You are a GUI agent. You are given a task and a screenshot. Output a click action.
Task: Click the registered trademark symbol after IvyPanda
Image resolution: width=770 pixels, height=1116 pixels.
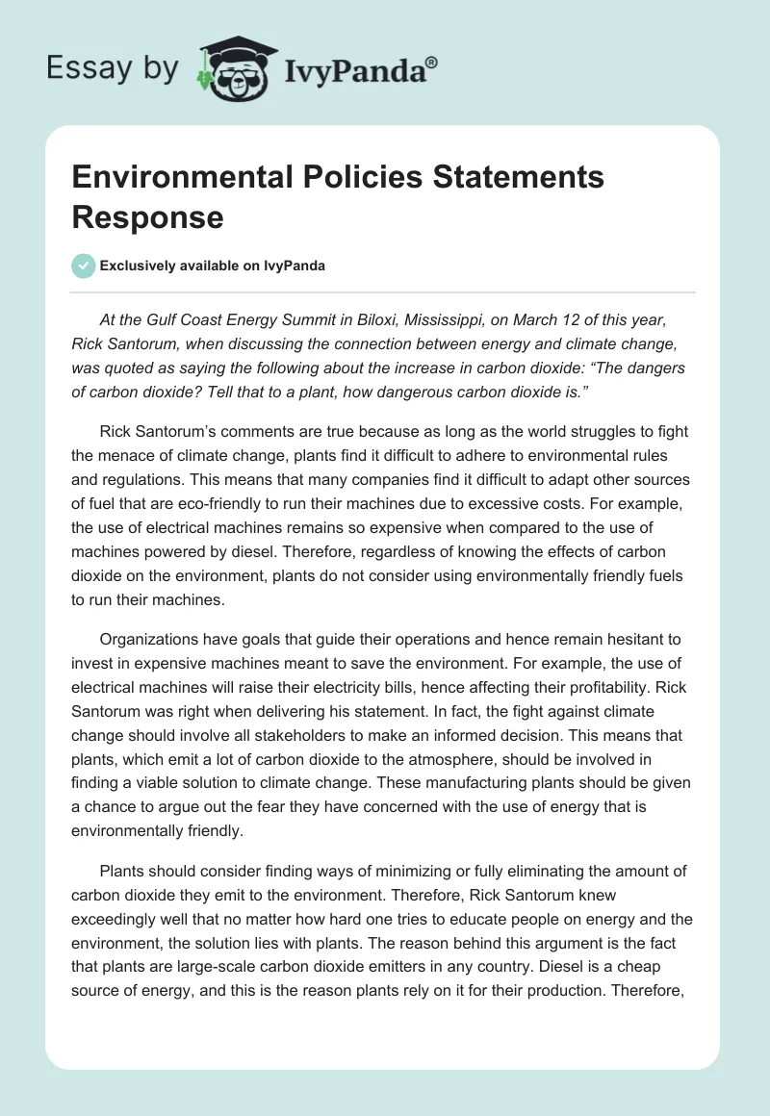point(432,62)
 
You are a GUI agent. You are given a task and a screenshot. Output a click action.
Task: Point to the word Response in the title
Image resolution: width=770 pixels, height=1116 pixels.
point(147,216)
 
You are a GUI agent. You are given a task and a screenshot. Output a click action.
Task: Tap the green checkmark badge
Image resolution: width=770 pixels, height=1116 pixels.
point(84,266)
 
